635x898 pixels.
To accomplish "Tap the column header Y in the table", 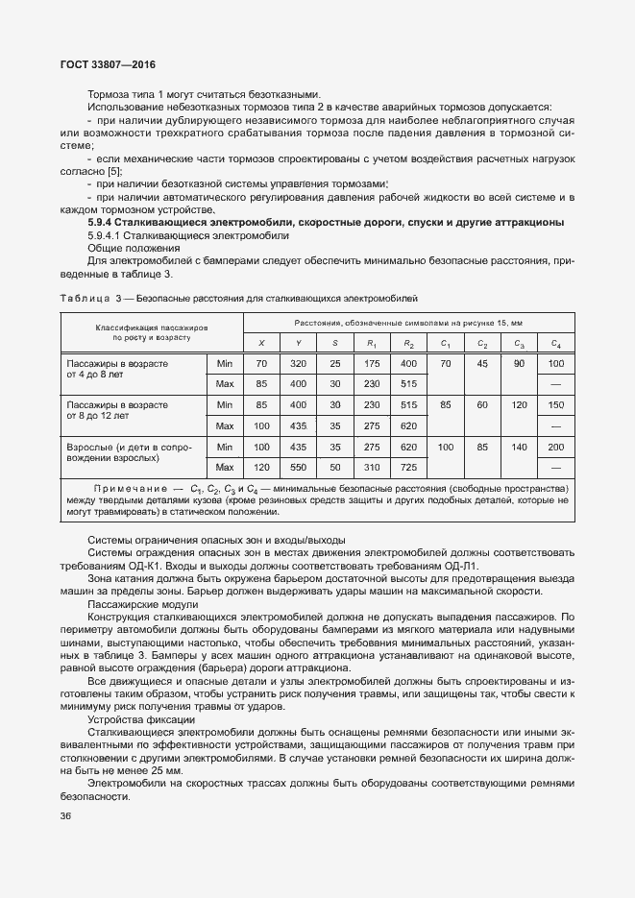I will point(298,343).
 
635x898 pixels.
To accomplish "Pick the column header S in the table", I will point(334,343).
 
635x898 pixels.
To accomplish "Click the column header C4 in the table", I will point(554,343).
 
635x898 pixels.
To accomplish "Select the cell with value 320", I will point(298,364).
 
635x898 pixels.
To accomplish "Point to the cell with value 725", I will point(408,467).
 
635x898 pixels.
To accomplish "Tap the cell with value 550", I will point(298,467).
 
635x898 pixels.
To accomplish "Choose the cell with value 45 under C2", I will point(482,364).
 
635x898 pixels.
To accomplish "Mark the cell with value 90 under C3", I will point(519,364).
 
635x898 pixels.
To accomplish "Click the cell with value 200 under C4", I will point(554,447).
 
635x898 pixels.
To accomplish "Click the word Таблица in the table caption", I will point(84,298).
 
